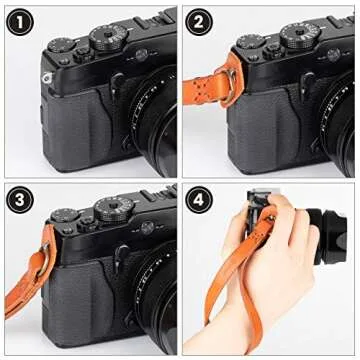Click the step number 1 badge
[21, 21]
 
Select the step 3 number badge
[21, 200]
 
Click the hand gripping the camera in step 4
[265, 240]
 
